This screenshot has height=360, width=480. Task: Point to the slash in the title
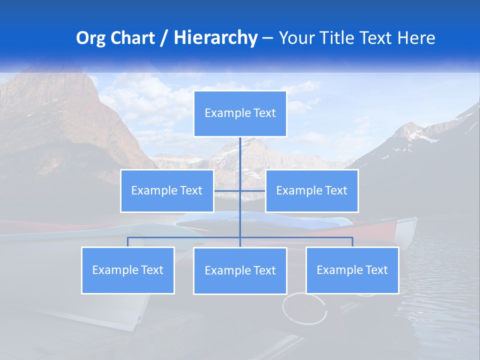(x=163, y=38)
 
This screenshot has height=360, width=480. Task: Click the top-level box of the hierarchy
(x=240, y=113)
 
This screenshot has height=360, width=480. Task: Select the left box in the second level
(x=167, y=190)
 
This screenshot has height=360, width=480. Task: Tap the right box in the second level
(x=311, y=190)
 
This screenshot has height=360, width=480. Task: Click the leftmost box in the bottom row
(x=127, y=270)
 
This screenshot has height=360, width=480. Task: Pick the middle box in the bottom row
(x=240, y=270)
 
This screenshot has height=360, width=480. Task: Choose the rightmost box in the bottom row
(x=352, y=270)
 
